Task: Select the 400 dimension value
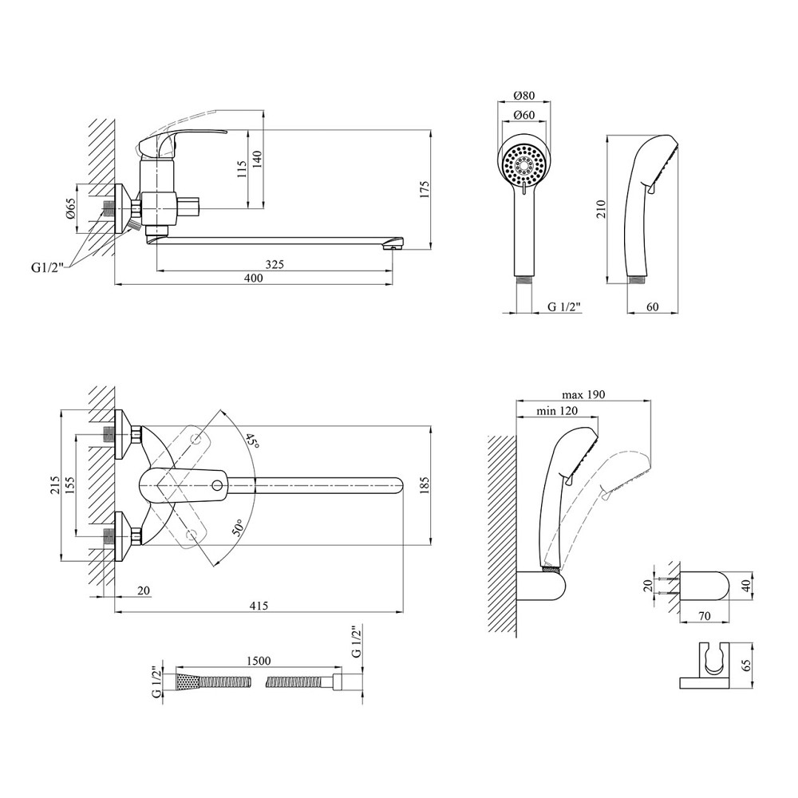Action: (253, 279)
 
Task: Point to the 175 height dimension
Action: (425, 189)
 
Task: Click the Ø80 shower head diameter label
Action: (524, 95)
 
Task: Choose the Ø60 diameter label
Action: (524, 115)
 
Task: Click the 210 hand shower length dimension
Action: (603, 209)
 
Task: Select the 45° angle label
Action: (252, 441)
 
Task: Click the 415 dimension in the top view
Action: (258, 606)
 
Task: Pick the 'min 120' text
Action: (557, 410)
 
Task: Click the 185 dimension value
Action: (424, 482)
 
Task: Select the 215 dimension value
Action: (56, 484)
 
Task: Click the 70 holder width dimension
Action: (705, 615)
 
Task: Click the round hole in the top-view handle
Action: (217, 484)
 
